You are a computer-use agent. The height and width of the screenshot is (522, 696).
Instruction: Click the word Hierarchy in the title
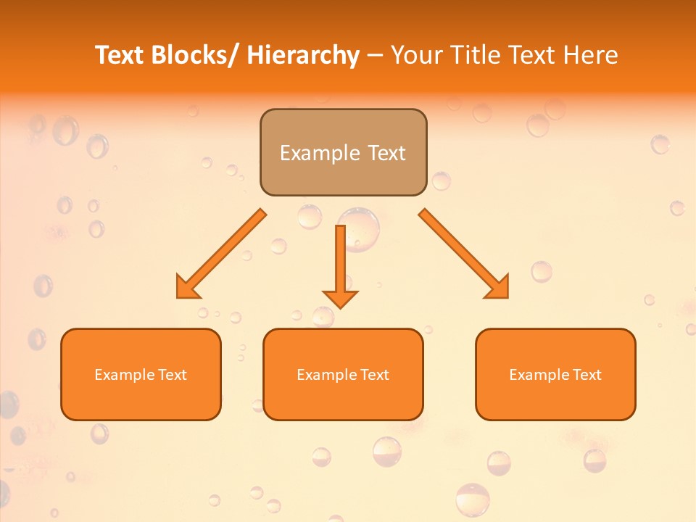tap(303, 55)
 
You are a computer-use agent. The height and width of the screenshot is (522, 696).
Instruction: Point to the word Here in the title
tap(591, 55)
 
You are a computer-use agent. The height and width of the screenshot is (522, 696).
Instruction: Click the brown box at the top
tap(343, 152)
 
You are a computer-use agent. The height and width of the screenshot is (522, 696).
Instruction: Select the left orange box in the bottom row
tap(141, 375)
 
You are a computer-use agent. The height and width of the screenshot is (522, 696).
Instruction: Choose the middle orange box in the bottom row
tap(343, 375)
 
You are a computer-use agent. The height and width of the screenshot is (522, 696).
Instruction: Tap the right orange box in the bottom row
tap(555, 375)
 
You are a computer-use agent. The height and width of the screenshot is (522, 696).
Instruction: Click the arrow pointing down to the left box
tap(221, 254)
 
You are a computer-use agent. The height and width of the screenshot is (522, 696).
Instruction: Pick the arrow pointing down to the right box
tap(464, 254)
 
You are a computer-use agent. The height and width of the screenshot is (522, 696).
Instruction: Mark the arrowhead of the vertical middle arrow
tap(340, 299)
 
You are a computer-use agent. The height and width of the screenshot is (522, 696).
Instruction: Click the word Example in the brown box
tap(320, 153)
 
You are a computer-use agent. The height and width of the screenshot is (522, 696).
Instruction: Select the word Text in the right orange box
tap(587, 375)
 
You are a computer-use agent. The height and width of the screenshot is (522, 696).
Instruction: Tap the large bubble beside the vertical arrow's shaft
tap(360, 228)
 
